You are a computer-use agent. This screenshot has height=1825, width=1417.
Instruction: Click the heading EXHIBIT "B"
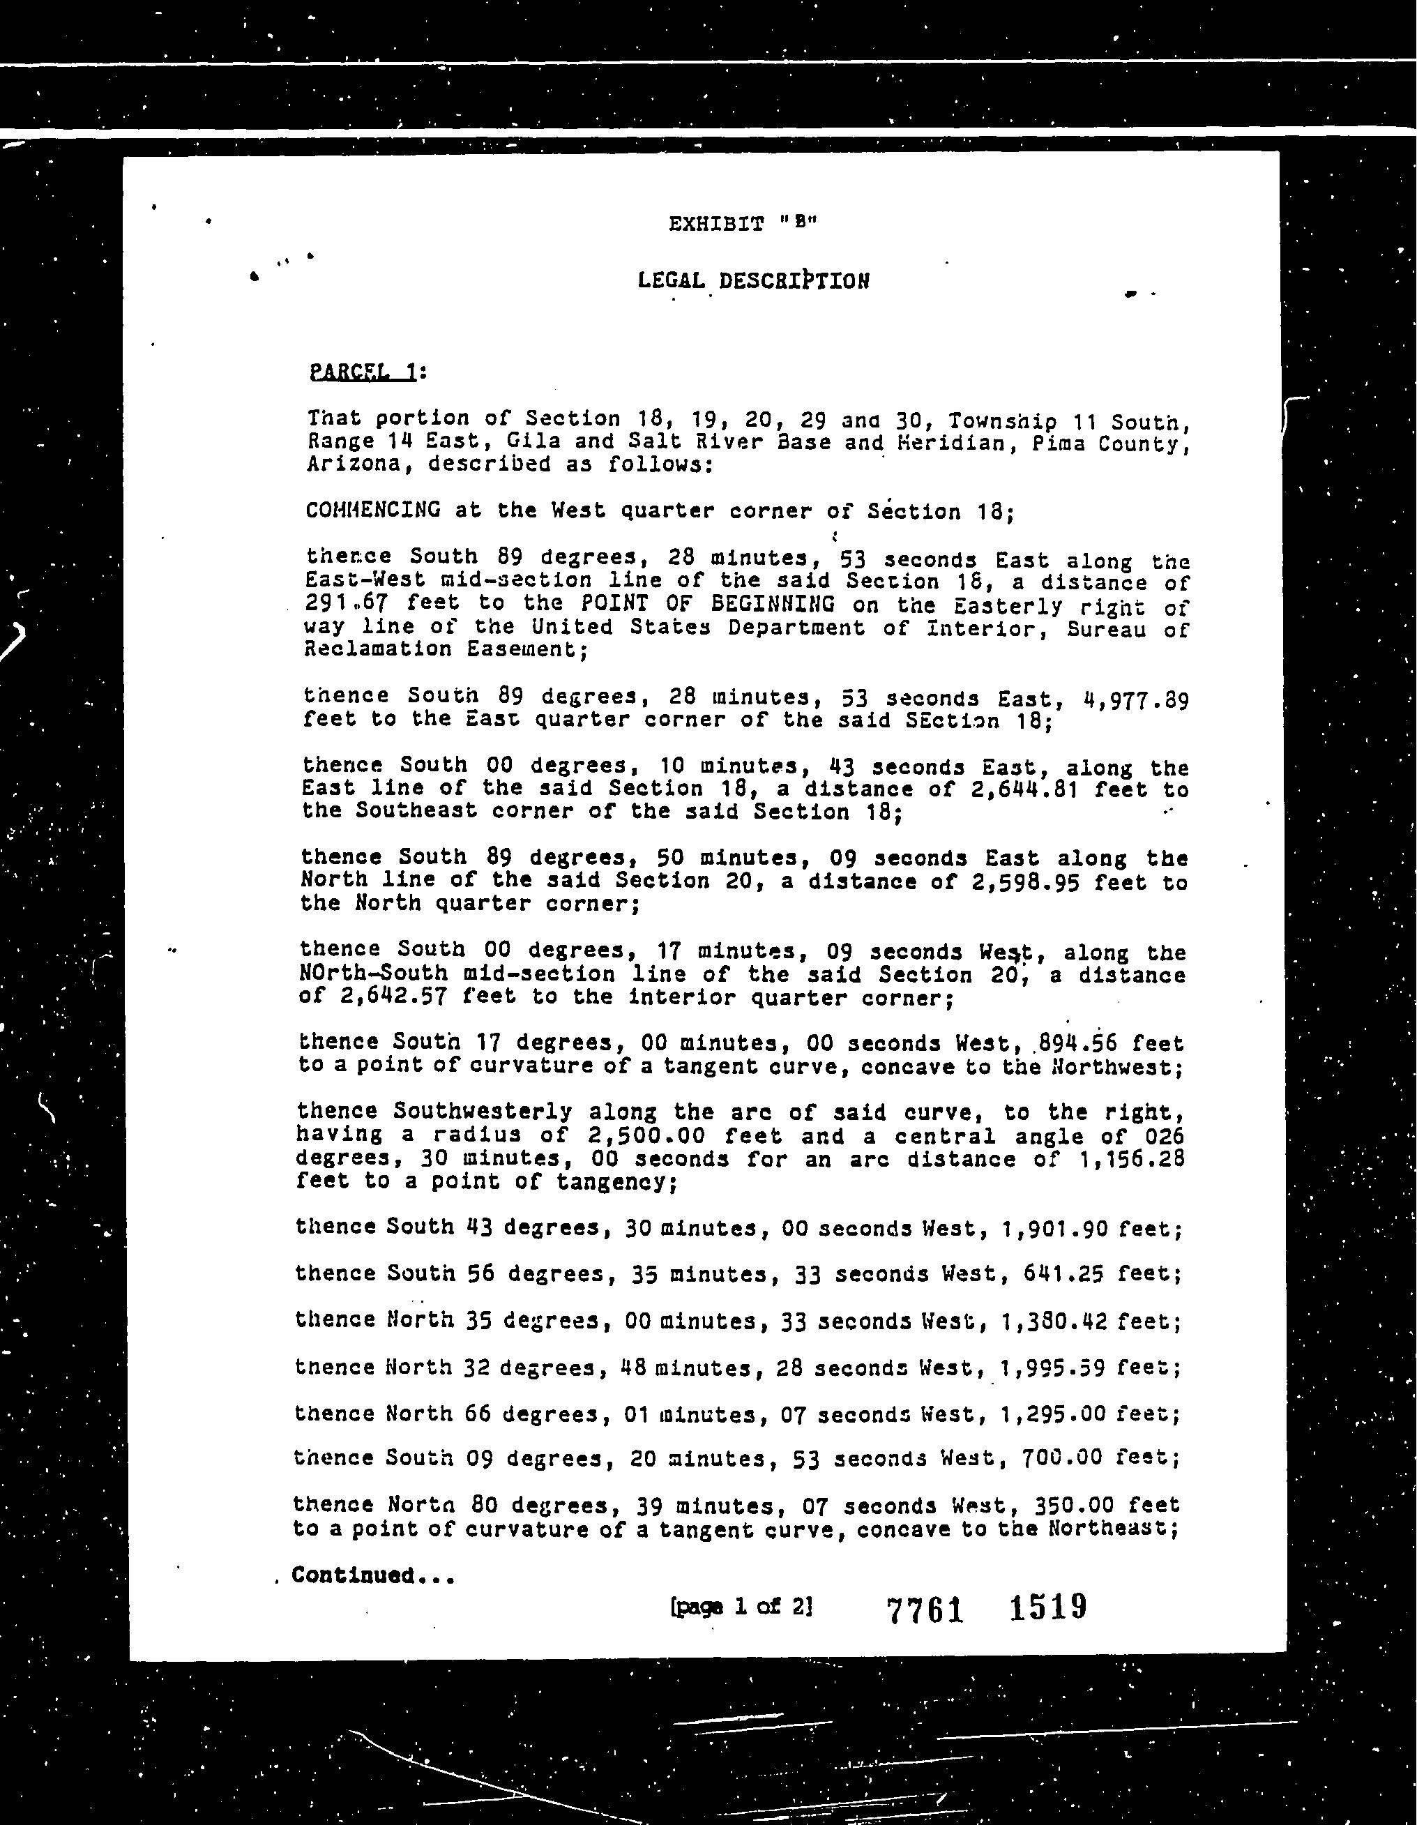coord(741,224)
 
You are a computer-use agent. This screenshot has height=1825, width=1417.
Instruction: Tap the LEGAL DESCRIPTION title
coord(753,281)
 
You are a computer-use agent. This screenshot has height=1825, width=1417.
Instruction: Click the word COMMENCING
coord(372,510)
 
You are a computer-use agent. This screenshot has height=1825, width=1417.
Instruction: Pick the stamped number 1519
coord(1047,1607)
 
